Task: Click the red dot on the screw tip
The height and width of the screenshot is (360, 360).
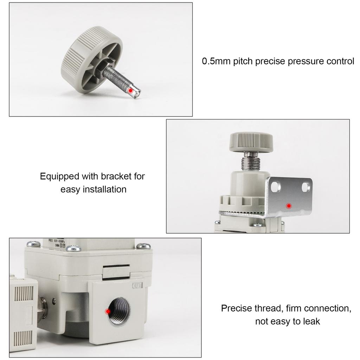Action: click(x=130, y=90)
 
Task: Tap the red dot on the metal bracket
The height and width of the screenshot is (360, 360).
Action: click(x=289, y=206)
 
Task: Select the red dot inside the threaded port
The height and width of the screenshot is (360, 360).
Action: click(x=108, y=311)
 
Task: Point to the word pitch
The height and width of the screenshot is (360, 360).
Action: click(x=243, y=62)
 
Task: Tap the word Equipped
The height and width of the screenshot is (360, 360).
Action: click(x=59, y=176)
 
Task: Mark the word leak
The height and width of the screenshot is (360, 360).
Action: click(x=311, y=322)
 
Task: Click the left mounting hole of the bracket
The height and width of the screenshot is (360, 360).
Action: click(x=276, y=186)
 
